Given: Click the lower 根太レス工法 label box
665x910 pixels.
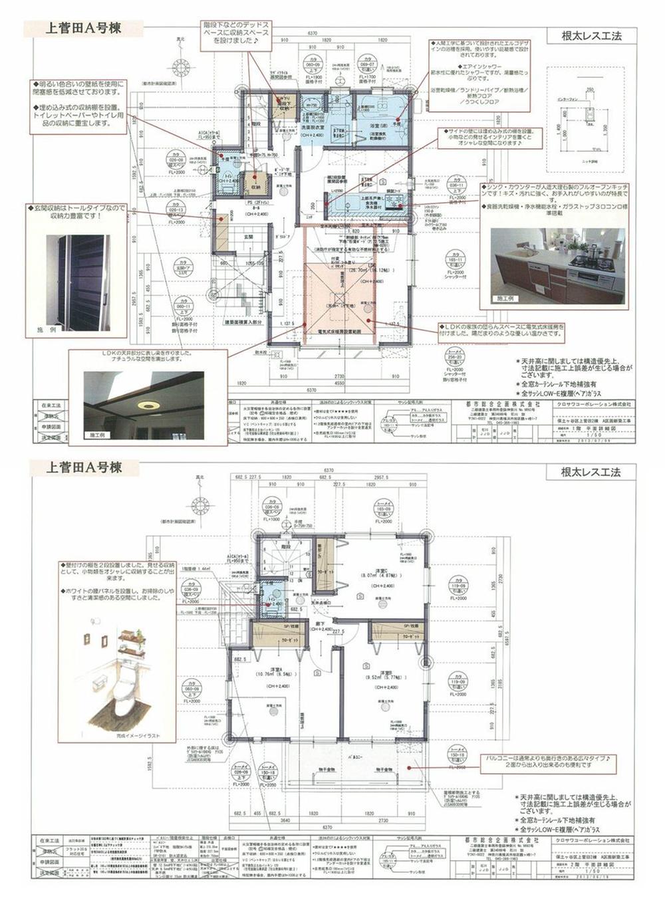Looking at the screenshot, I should tap(591, 473).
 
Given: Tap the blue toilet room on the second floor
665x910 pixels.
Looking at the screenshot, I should tap(272, 596).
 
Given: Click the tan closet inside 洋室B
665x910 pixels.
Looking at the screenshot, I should tap(396, 632).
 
